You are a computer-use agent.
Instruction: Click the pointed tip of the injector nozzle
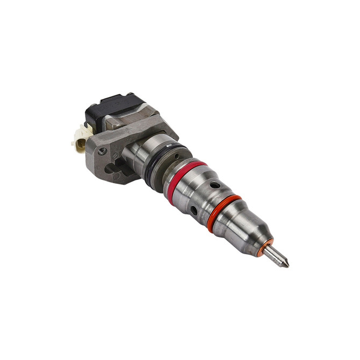[x=287, y=265]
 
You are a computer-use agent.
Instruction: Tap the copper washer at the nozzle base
[x=268, y=247]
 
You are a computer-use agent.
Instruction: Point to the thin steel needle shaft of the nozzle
[x=278, y=256]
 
